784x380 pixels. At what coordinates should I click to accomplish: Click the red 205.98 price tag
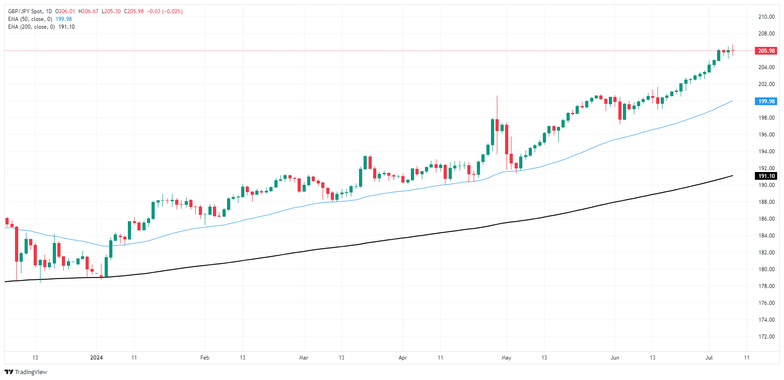coord(766,51)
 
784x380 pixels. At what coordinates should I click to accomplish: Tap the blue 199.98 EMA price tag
coord(766,101)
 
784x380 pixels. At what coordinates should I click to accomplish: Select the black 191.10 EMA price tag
coord(766,176)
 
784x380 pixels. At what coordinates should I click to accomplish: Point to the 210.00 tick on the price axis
coord(766,17)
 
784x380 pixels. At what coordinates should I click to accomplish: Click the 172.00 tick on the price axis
coord(766,337)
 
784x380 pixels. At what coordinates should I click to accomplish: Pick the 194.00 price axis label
coord(766,152)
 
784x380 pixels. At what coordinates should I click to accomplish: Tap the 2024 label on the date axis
coord(96,358)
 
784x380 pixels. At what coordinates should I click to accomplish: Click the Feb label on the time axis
coord(205,358)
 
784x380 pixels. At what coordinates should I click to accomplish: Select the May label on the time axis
coord(506,358)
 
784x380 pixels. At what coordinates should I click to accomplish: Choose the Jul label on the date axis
coord(709,358)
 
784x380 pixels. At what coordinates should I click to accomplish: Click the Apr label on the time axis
coord(403,358)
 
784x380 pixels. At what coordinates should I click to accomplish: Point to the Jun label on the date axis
coord(615,358)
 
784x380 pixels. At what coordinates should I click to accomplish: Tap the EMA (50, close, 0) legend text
coord(30,19)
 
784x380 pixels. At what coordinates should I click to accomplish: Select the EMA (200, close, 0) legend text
coord(31,27)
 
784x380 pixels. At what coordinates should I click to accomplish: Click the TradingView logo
coord(26,372)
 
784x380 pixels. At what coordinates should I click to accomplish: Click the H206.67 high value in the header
coord(88,11)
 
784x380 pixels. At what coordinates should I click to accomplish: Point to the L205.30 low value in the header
coord(111,11)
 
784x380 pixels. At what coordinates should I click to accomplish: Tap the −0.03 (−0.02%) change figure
coord(165,11)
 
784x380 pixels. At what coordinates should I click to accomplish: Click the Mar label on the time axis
coord(303,358)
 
